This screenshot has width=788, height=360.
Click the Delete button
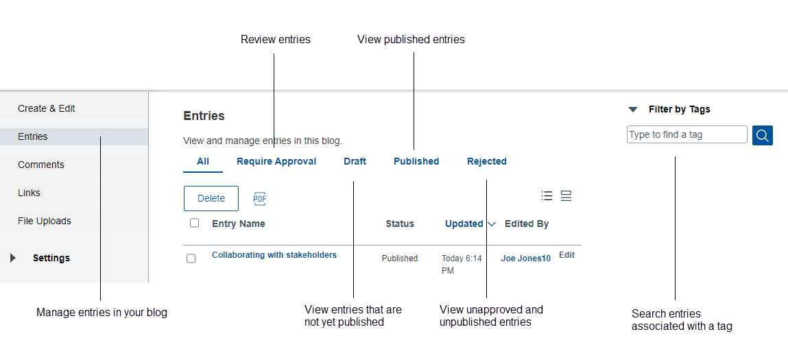click(211, 198)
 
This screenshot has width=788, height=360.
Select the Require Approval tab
click(276, 162)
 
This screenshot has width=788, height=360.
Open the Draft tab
click(355, 162)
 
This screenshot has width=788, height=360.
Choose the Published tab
click(416, 162)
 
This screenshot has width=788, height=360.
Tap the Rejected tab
click(487, 162)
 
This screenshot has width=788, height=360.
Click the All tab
click(203, 162)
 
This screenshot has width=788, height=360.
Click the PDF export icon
click(259, 199)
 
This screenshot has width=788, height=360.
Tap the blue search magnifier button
click(763, 135)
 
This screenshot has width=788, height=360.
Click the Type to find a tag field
click(686, 134)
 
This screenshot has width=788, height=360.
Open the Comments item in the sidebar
click(41, 165)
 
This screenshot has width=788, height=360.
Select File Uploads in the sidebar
click(45, 221)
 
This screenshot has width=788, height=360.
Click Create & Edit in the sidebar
click(47, 108)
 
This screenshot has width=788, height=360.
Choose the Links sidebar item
click(29, 193)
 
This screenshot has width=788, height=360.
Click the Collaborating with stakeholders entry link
click(274, 255)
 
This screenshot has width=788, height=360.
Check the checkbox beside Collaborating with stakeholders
click(191, 259)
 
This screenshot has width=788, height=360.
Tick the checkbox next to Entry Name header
click(195, 223)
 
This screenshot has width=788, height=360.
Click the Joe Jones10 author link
click(525, 259)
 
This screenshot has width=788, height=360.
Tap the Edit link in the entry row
click(566, 255)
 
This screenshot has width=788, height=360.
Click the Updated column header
click(464, 224)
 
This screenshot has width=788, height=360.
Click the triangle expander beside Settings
click(13, 258)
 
